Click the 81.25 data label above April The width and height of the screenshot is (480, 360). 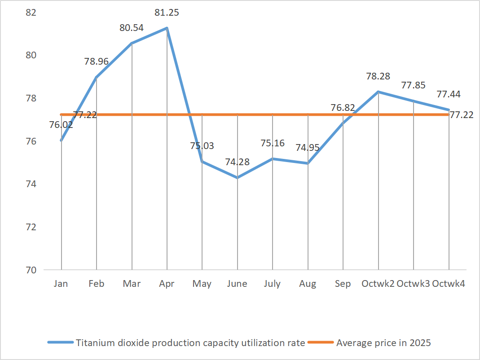pyautogui.click(x=167, y=13)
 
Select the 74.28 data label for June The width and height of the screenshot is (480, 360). pyautogui.click(x=237, y=162)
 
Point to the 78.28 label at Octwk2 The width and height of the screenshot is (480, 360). pyautogui.click(x=378, y=76)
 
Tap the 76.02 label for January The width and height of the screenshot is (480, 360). pyautogui.click(x=61, y=124)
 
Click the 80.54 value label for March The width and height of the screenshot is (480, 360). pyautogui.click(x=132, y=28)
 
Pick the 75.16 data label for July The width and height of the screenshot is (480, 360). pyautogui.click(x=273, y=143)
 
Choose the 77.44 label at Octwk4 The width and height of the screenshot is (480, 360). pyautogui.click(x=449, y=94)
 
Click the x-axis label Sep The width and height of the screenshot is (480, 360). pyautogui.click(x=343, y=284)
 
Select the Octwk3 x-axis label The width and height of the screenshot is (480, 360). pyautogui.click(x=414, y=284)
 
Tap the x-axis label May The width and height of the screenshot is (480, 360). pyautogui.click(x=202, y=284)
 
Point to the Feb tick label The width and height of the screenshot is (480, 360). pyautogui.click(x=97, y=284)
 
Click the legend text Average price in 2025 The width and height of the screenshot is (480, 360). pyautogui.click(x=383, y=343)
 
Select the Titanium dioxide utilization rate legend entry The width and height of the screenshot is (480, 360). pyautogui.click(x=190, y=343)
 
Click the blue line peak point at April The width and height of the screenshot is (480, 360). pyautogui.click(x=167, y=28)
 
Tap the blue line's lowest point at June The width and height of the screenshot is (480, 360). pyautogui.click(x=238, y=178)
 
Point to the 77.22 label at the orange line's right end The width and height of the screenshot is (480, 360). pyautogui.click(x=462, y=115)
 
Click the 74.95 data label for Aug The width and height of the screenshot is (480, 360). pyautogui.click(x=308, y=147)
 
